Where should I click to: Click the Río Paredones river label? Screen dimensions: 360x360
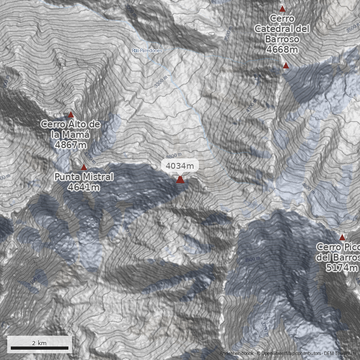(x=146, y=50)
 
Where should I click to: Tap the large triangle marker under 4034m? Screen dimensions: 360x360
(x=180, y=180)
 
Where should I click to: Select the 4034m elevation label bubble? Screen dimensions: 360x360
(x=180, y=166)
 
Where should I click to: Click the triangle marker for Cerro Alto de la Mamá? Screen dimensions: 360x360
(x=71, y=115)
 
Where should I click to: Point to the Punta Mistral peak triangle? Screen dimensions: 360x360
(x=84, y=167)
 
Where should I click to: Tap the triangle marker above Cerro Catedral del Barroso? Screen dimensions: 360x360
(x=282, y=9)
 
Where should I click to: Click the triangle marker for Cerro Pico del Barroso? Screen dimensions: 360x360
(x=342, y=237)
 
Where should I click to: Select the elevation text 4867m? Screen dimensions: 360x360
(x=70, y=144)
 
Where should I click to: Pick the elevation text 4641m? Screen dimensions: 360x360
(x=84, y=187)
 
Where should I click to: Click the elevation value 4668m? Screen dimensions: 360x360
(x=282, y=49)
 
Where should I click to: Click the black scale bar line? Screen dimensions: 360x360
(x=40, y=348)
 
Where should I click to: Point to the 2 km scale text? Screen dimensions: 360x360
(x=40, y=343)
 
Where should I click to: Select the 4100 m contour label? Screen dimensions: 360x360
(x=251, y=106)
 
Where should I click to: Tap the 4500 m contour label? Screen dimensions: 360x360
(x=252, y=260)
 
